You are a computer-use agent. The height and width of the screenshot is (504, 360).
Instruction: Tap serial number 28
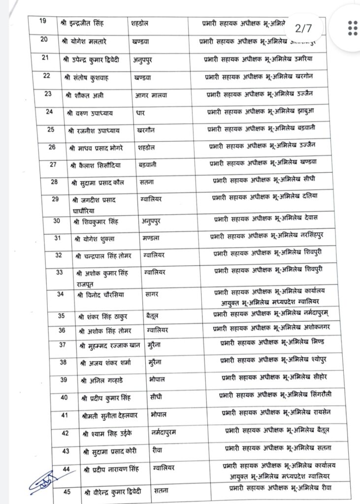click(x=55, y=182)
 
